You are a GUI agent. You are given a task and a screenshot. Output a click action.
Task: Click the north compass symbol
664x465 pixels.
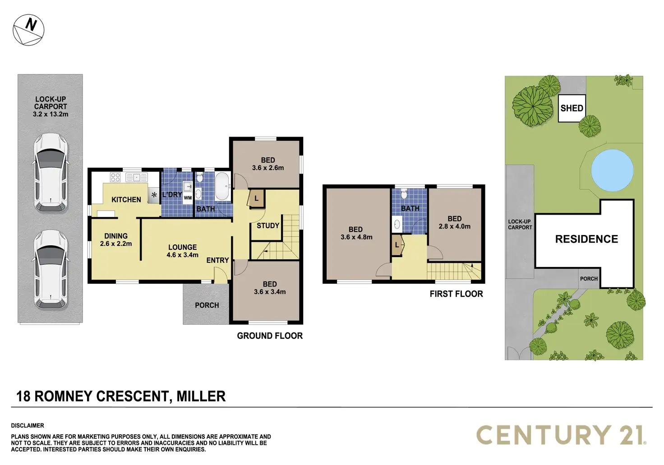pyautogui.click(x=28, y=30)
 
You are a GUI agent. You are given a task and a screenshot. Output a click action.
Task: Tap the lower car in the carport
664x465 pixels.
pyautogui.click(x=51, y=270)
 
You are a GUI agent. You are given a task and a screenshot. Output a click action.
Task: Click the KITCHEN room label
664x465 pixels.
pyautogui.click(x=126, y=199)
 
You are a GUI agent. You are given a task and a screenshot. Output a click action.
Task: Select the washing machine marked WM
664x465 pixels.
pyautogui.click(x=188, y=198)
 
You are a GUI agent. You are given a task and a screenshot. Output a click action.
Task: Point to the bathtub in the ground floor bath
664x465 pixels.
pyautogui.click(x=222, y=186)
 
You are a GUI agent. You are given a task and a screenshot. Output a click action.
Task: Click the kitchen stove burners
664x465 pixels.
pyautogui.click(x=115, y=177)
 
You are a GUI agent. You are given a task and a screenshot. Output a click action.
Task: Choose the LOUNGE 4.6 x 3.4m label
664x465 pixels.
pyautogui.click(x=182, y=251)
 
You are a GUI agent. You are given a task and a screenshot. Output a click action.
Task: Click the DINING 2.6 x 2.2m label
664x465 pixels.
pyautogui.click(x=116, y=239)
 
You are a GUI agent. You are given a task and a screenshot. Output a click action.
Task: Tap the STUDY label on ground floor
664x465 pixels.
pyautogui.click(x=268, y=226)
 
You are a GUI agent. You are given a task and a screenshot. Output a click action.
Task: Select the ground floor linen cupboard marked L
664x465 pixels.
pyautogui.click(x=257, y=198)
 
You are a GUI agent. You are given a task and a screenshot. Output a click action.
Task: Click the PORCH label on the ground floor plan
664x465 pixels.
pyautogui.click(x=207, y=305)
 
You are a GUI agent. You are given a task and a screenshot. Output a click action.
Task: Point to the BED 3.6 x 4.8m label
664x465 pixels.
pyautogui.click(x=356, y=233)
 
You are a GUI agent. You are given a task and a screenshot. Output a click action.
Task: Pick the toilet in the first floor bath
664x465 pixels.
pyautogui.click(x=404, y=194)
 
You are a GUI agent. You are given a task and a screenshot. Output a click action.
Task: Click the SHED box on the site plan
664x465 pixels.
pyautogui.click(x=572, y=108)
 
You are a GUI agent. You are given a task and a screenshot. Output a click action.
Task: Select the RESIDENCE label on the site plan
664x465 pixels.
pyautogui.click(x=586, y=239)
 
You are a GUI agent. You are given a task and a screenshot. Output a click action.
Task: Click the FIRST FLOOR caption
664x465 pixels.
pyautogui.click(x=456, y=294)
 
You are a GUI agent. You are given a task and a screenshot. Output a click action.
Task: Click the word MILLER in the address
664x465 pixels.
pyautogui.click(x=201, y=396)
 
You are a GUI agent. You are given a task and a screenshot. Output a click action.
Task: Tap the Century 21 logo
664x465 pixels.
pyautogui.click(x=561, y=435)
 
